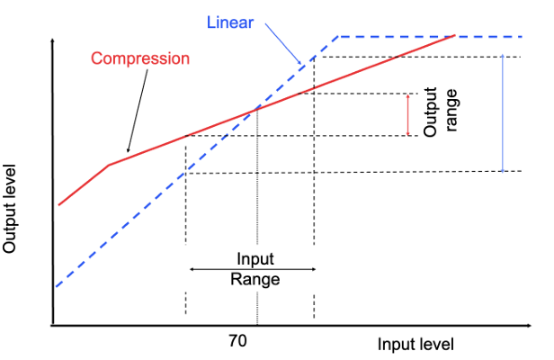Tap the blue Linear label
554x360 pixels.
point(231,21)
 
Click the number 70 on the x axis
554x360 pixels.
point(237,341)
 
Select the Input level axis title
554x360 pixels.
point(415,344)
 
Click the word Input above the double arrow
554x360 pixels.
point(255,258)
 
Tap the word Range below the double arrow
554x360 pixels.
point(255,279)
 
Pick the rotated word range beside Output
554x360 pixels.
point(452,111)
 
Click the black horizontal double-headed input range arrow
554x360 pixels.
point(252,268)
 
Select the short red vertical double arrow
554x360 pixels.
point(407,114)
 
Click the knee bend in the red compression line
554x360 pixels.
point(109,166)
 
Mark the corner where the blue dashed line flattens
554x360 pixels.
point(337,37)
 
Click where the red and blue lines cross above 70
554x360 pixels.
point(258,109)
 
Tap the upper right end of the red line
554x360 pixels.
point(456,36)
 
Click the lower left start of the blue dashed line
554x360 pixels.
point(57,286)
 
